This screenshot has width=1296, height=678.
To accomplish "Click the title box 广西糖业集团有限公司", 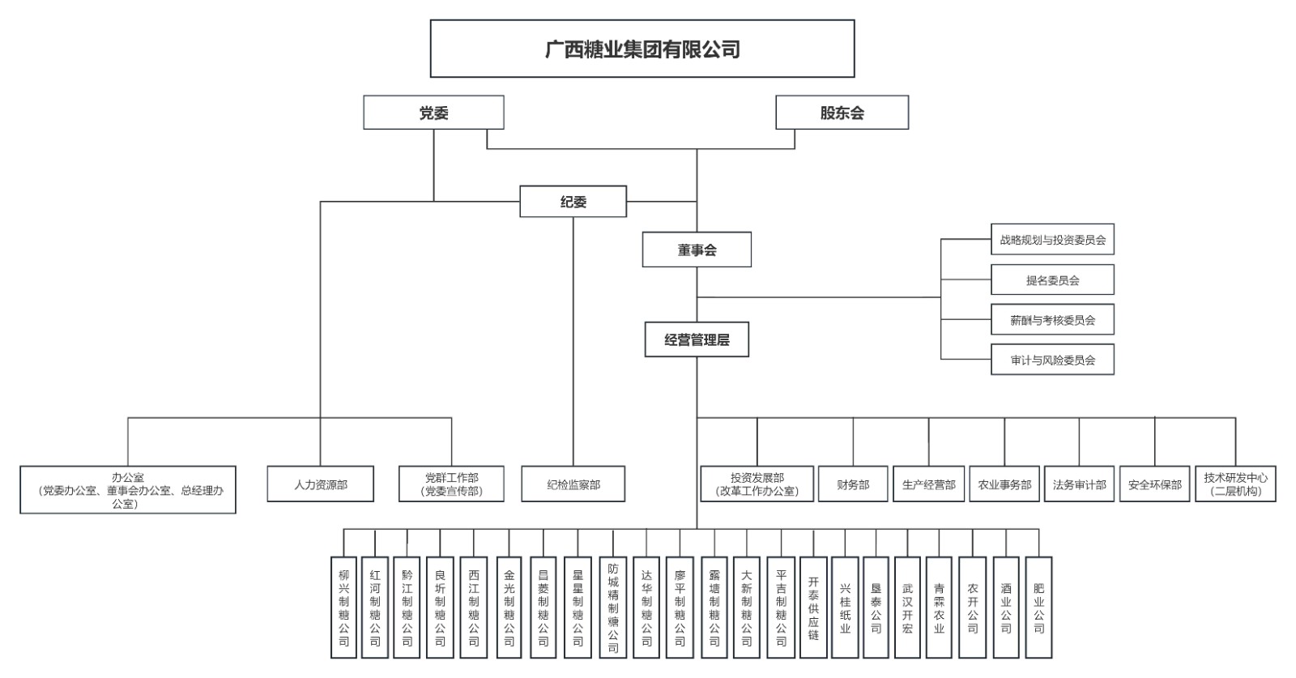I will pos(642,49).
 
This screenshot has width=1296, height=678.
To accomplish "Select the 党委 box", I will pos(433,113).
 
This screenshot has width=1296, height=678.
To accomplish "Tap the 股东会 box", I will pos(842,113).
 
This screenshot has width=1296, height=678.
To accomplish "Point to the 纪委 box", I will pos(573,202).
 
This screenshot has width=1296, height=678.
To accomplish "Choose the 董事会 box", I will pos(697,249).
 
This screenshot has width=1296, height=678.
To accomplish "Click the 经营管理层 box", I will pos(697,340).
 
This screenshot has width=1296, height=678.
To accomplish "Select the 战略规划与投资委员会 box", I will pos(1052,240).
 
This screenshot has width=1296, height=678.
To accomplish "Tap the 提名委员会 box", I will pos(1052,280).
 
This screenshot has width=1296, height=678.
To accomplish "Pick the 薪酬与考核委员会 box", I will pos(1052,320).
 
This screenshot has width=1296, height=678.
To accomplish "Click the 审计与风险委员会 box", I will pos(1052,360).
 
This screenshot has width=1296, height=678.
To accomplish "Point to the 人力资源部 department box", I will pos(321,484).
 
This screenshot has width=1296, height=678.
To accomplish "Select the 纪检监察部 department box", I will pos(573,484).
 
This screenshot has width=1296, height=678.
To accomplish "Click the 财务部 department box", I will pos(853,484).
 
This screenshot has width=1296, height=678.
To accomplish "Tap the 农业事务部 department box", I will pos(1004,484).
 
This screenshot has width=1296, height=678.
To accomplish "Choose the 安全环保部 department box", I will pos(1155,484).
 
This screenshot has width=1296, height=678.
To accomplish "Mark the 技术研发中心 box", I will pos(1235,484).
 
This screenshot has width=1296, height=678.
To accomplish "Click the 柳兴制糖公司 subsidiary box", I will pos(344,608).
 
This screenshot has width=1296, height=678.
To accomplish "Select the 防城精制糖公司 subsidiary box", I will pos(613,608).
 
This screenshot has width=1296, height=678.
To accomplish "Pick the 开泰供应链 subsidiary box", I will pos(813,608).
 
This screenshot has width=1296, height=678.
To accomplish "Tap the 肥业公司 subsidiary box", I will pos(1038,608).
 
